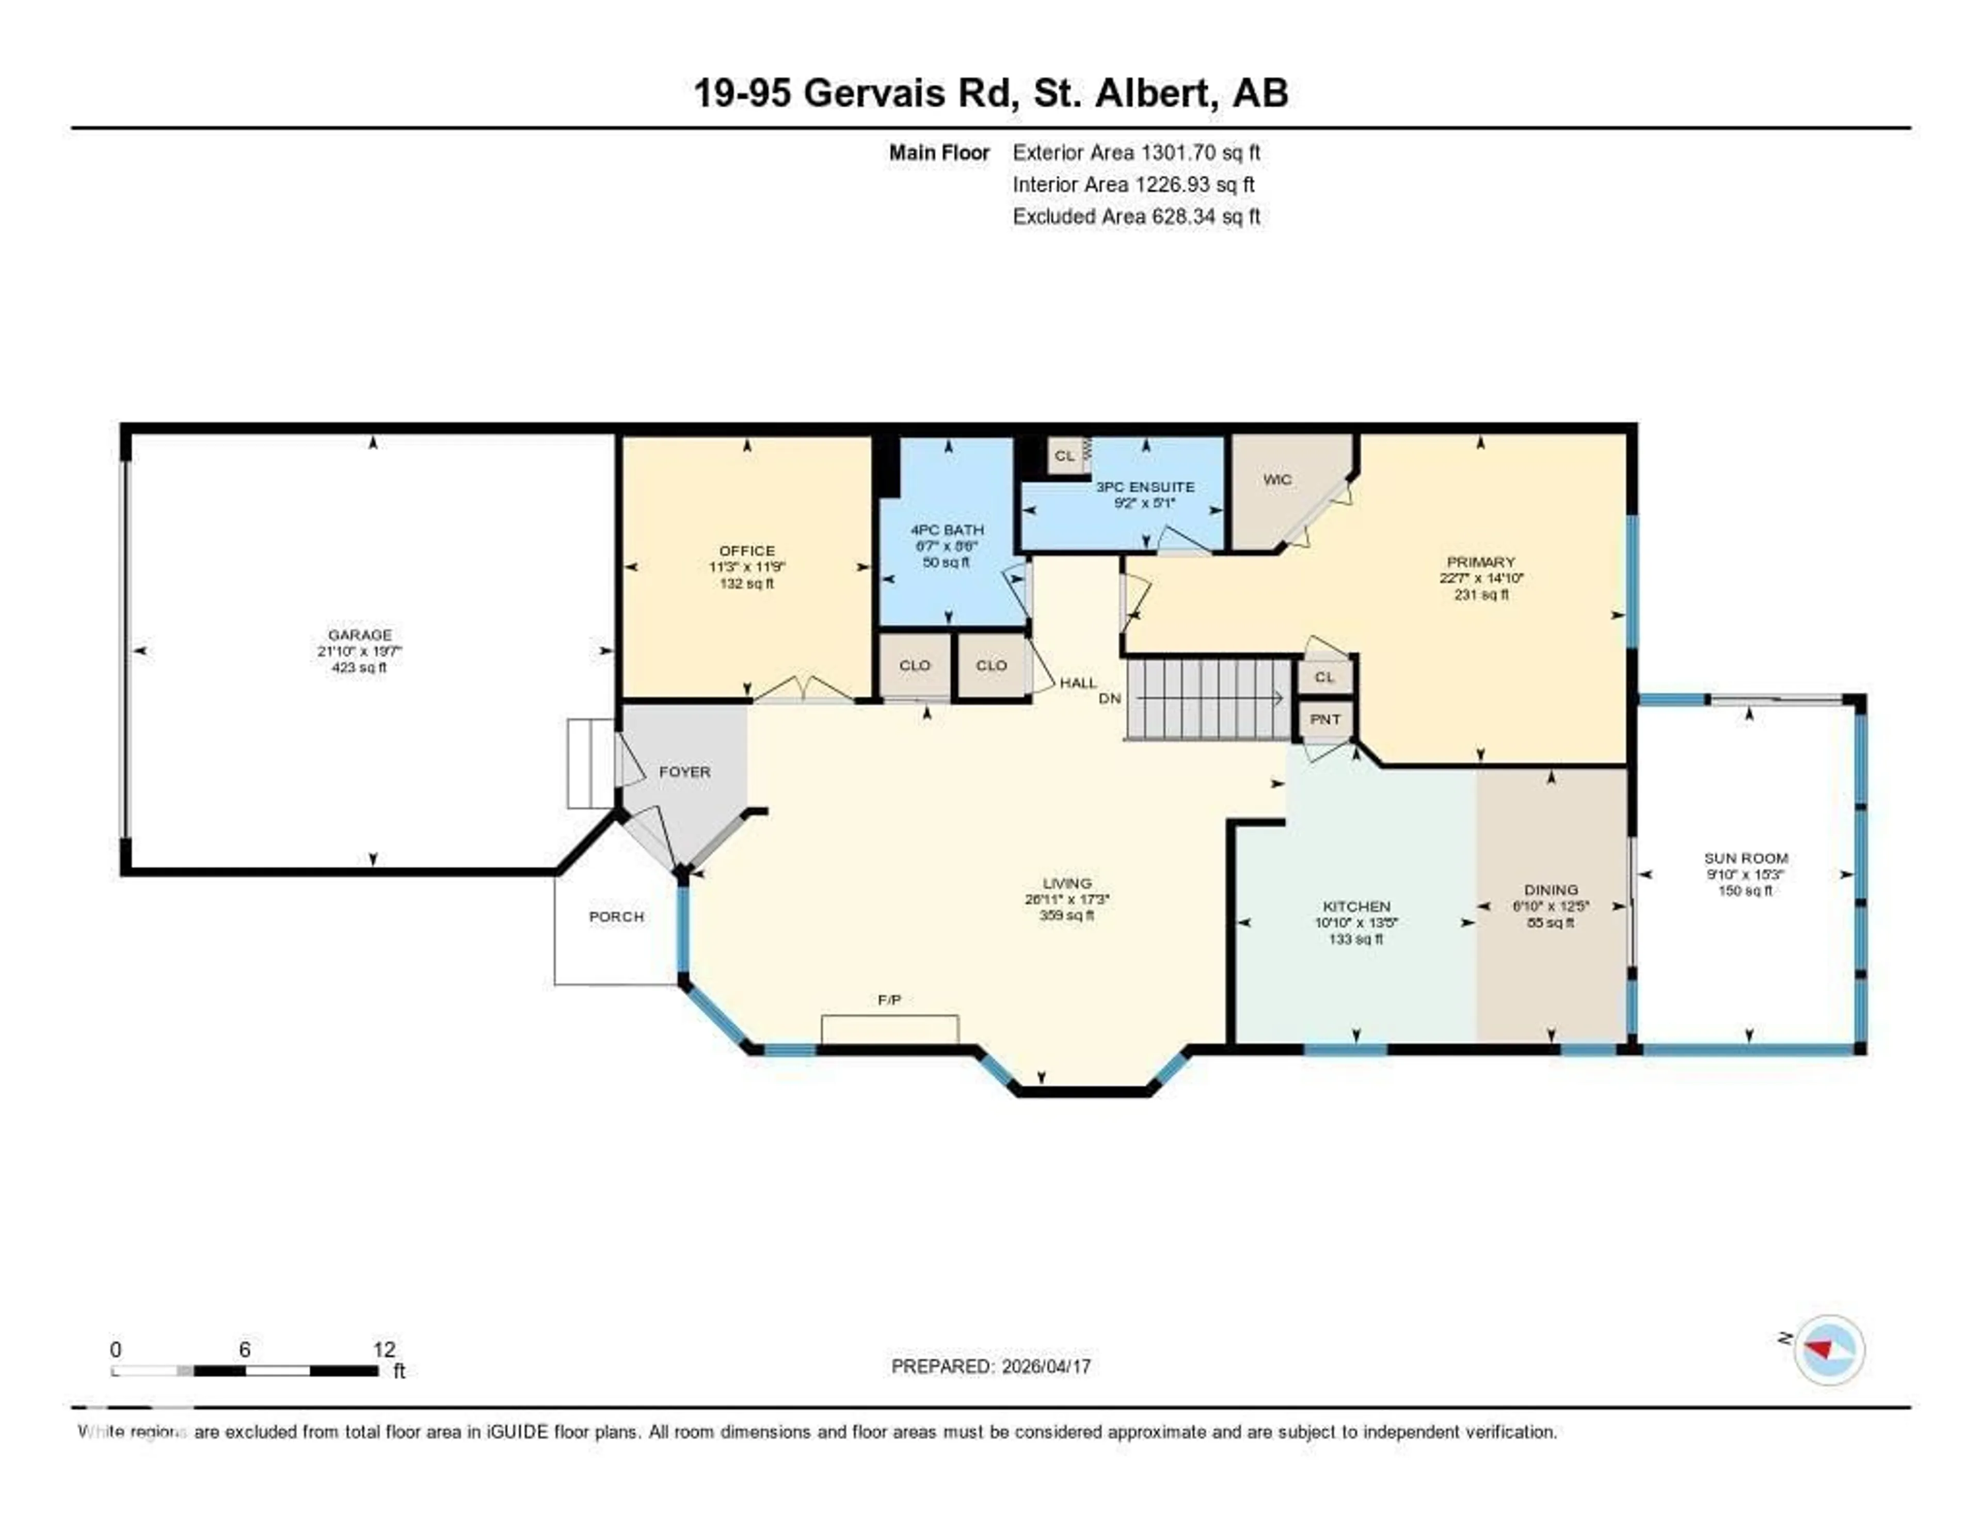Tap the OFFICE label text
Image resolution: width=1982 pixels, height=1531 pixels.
coord(747,550)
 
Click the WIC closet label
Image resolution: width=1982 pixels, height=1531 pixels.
coord(1277,479)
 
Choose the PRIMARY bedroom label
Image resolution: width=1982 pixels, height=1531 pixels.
coord(1480,562)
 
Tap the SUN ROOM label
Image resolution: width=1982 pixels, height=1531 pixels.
coord(1745,857)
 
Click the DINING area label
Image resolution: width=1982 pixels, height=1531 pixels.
coord(1551,889)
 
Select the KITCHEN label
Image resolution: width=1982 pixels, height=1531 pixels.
coord(1356,906)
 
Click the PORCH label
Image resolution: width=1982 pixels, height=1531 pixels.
coord(616,917)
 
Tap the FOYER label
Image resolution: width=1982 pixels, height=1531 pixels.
coord(684,771)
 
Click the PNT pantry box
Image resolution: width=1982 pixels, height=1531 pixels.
coord(1325,719)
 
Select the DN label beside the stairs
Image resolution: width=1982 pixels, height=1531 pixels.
coord(1109,698)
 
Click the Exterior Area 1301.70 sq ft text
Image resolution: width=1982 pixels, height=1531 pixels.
coord(1136,152)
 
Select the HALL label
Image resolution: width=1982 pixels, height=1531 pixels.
coord(1078,682)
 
